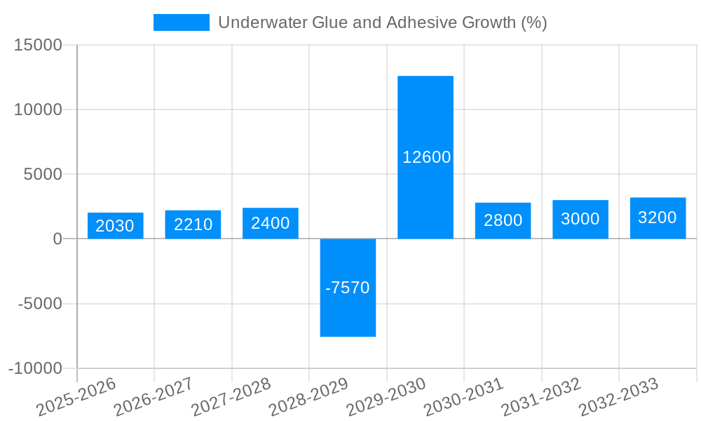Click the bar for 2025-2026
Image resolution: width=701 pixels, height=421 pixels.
tap(116, 225)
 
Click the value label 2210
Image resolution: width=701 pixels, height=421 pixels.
tap(193, 225)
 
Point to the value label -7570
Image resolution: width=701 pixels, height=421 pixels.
tap(348, 288)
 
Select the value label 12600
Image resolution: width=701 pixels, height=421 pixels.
tap(426, 157)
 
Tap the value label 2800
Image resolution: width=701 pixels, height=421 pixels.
tap(503, 220)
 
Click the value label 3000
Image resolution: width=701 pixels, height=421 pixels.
tap(580, 219)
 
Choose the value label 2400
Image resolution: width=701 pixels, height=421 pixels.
tap(271, 223)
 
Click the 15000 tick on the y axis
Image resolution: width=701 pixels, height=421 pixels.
tap(38, 46)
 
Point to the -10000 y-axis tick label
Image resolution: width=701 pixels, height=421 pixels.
tap(35, 368)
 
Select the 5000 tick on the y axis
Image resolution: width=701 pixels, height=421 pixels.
tap(43, 174)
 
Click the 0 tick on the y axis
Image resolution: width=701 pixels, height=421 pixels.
tap(57, 239)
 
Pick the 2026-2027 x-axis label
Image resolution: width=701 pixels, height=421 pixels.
tap(153, 396)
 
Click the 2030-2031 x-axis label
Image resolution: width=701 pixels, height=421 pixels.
tap(463, 396)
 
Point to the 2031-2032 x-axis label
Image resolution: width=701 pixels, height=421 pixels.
tap(540, 396)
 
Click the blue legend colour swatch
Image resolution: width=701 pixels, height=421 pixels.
tap(181, 22)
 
